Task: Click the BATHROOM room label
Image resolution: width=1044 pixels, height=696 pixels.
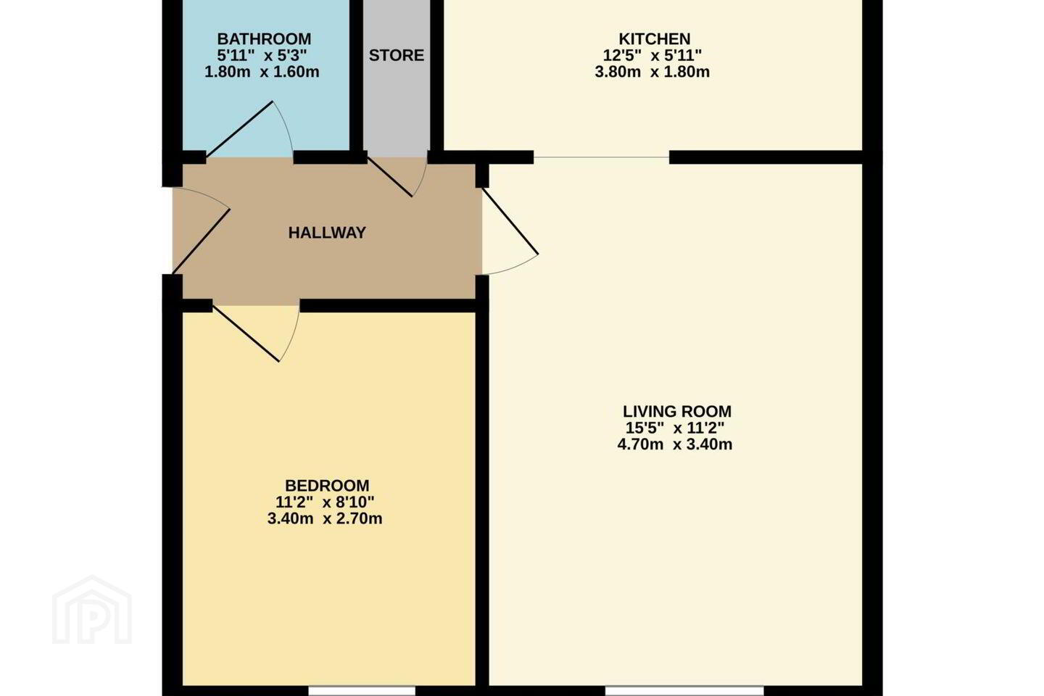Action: click(264, 38)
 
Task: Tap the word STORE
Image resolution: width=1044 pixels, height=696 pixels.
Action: click(396, 56)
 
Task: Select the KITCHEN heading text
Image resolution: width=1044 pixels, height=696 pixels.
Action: click(655, 38)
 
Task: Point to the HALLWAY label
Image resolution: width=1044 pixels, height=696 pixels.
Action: click(327, 233)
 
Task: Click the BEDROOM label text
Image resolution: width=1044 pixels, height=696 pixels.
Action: click(327, 486)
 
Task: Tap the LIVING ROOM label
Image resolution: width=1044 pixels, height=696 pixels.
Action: click(676, 412)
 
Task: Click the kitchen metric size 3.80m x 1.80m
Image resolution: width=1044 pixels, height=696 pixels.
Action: click(652, 72)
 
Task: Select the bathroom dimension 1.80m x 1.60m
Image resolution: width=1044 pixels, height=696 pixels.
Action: click(262, 72)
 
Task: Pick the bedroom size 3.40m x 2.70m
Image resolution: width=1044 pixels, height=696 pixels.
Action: click(325, 519)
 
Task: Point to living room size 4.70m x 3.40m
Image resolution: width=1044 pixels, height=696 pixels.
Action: click(675, 444)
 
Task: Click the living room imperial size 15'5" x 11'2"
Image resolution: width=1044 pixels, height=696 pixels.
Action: click(675, 428)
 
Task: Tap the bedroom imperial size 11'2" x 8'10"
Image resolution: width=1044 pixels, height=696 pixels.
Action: click(325, 502)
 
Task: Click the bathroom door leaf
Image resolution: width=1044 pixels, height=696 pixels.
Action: click(239, 129)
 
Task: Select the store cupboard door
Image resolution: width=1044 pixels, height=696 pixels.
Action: click(389, 176)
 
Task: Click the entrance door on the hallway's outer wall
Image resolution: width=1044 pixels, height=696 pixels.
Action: click(202, 241)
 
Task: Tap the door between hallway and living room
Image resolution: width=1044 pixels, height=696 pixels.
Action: click(510, 221)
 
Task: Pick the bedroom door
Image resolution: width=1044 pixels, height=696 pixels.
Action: click(246, 333)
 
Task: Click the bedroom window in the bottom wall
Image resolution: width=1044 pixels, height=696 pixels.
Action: click(362, 691)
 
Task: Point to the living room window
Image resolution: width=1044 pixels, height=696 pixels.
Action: click(684, 691)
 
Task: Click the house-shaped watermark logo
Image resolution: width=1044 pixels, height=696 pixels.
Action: click(92, 610)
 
